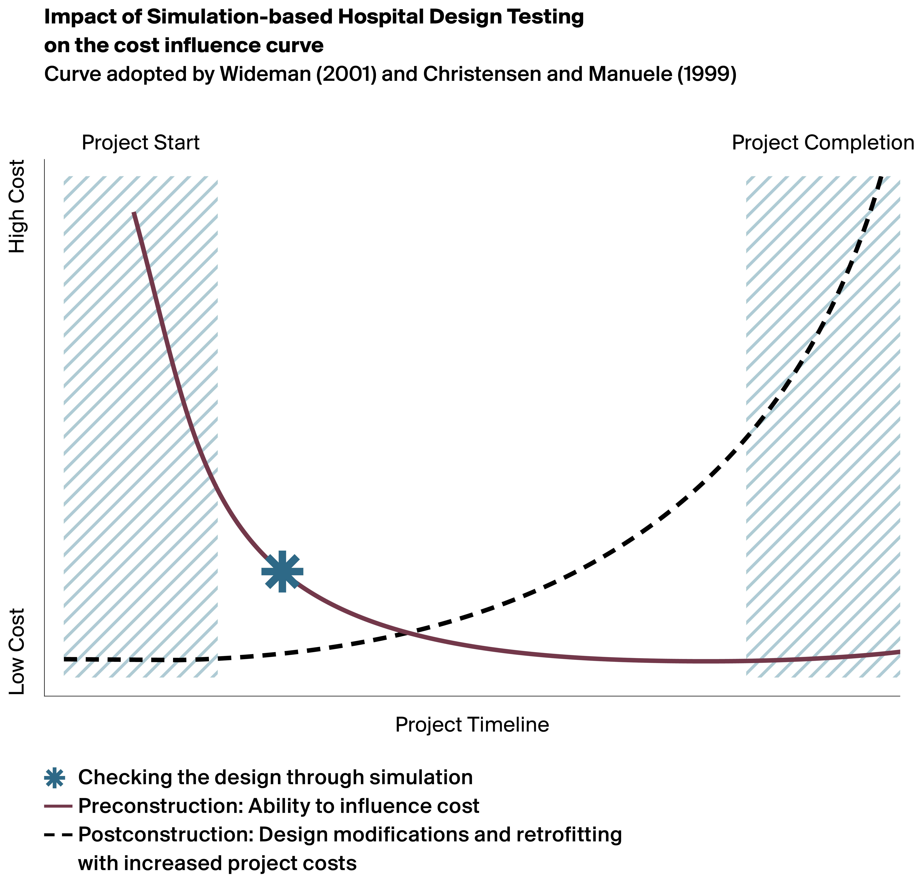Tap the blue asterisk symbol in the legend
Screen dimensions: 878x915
(55, 778)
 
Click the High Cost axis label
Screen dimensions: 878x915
(17, 207)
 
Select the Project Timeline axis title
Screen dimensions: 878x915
(472, 725)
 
